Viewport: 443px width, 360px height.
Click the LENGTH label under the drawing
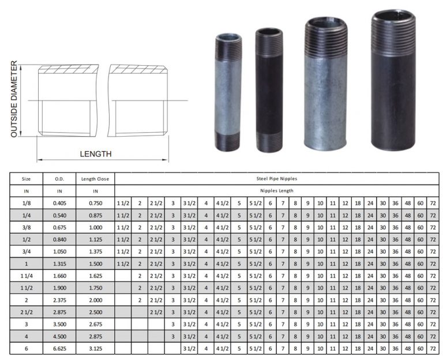tap(96, 154)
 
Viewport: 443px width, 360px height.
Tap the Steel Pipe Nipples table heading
tap(276, 179)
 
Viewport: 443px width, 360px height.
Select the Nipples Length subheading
tap(276, 190)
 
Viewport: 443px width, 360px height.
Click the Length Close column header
tap(95, 179)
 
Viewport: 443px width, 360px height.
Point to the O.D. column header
tap(59, 179)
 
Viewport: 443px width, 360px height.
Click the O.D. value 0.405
tap(59, 204)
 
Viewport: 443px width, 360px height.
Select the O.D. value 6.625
tap(59, 350)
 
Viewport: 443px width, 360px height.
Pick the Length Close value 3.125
tap(95, 350)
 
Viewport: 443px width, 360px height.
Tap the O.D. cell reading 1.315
tap(59, 265)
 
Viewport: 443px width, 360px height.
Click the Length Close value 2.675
tap(95, 325)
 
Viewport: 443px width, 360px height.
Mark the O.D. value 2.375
tap(59, 301)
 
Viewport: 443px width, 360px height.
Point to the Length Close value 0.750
tap(95, 204)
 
